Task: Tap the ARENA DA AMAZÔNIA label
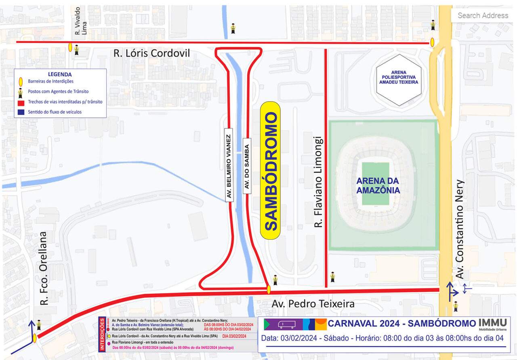(x=378, y=185)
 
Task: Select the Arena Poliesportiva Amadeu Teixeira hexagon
(x=399, y=80)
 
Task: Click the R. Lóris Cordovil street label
(x=151, y=53)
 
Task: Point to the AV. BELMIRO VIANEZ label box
(x=229, y=167)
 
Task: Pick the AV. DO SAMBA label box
(x=247, y=166)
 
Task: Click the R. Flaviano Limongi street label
(x=319, y=182)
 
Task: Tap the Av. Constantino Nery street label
(x=460, y=229)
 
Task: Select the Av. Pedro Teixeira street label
(x=313, y=303)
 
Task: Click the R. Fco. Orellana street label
(x=44, y=268)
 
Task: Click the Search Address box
(x=482, y=15)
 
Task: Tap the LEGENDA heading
(x=60, y=74)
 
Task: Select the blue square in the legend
(x=20, y=112)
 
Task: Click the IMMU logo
(x=492, y=324)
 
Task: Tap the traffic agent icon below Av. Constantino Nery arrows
(x=456, y=306)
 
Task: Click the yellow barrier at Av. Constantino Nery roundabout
(x=432, y=42)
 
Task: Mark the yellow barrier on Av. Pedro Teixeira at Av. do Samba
(x=269, y=289)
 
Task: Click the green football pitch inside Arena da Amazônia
(x=375, y=184)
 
